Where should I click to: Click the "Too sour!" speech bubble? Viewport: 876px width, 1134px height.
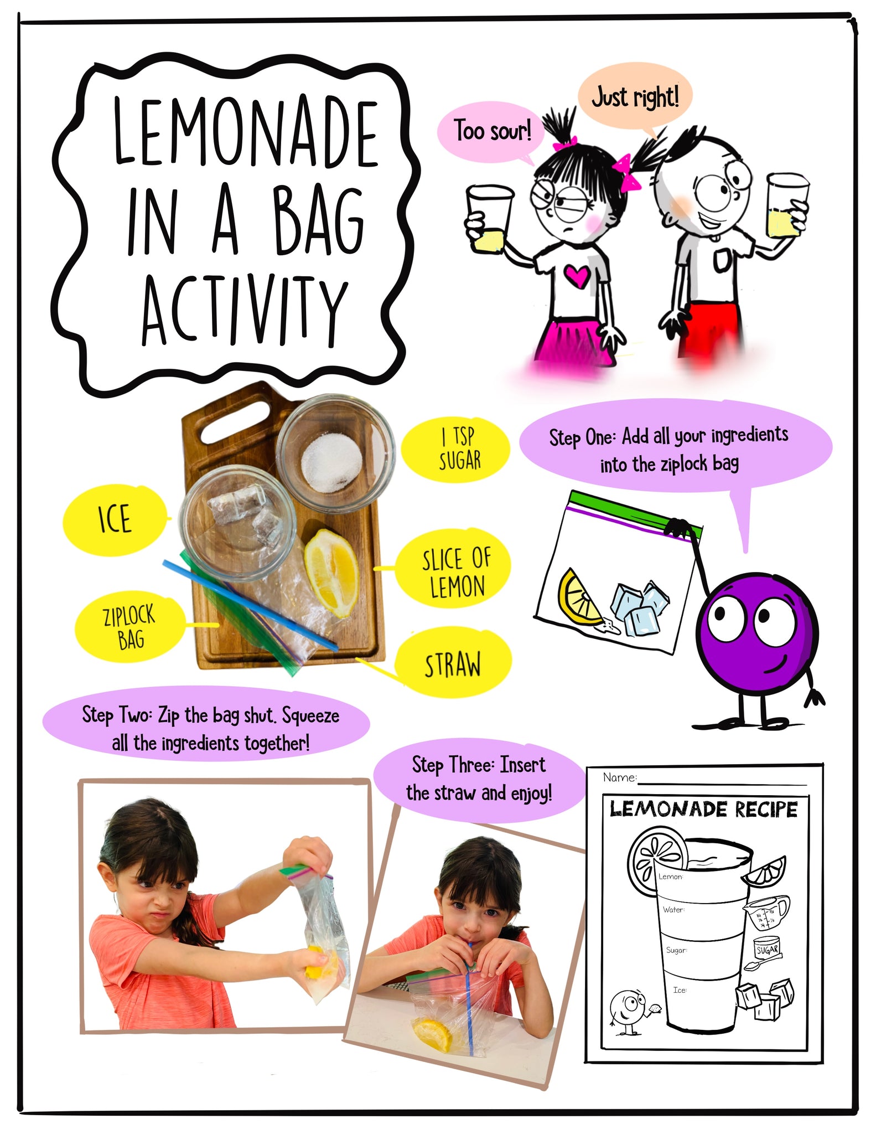tap(491, 131)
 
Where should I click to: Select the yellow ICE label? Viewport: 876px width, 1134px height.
tap(115, 519)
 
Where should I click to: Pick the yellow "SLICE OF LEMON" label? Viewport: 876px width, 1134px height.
tap(455, 572)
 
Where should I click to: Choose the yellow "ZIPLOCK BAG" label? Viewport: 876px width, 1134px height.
tap(129, 627)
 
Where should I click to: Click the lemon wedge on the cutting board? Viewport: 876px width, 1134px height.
tap(332, 572)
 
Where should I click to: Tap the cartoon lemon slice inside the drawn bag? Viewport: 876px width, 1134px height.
tap(578, 599)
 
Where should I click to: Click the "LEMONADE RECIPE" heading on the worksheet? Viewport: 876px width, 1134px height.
tap(703, 810)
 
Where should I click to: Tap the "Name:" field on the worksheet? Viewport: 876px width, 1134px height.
tap(719, 779)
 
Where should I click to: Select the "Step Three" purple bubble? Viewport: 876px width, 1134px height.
tap(478, 779)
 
